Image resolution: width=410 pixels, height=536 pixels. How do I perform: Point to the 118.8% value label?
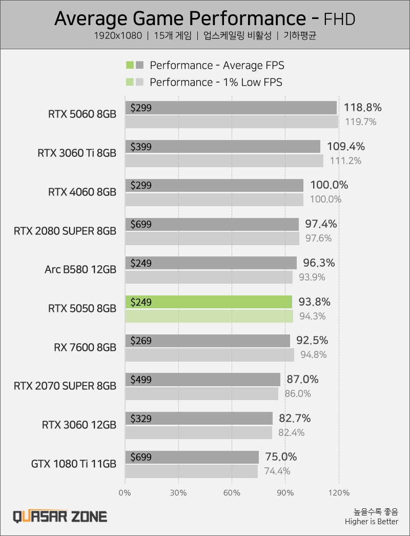(363, 108)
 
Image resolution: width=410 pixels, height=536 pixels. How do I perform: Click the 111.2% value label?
(345, 161)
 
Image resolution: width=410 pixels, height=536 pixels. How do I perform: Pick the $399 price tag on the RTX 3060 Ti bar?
(141, 147)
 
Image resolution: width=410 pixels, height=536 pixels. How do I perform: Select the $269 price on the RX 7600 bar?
(141, 341)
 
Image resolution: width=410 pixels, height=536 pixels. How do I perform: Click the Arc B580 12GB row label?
(80, 270)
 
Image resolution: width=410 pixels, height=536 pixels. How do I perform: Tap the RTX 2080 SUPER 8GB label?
(65, 231)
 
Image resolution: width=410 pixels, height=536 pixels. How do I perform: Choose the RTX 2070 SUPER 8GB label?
(65, 386)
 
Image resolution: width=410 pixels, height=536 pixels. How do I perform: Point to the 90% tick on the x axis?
(285, 493)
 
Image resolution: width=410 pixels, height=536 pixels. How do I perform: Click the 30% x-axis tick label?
(178, 493)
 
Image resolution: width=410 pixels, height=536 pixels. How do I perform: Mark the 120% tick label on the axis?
(338, 493)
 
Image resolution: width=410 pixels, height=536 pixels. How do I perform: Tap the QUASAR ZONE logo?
(60, 516)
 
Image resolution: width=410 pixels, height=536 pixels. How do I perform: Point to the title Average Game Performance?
(180, 18)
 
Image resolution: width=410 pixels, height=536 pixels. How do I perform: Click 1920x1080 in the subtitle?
(117, 36)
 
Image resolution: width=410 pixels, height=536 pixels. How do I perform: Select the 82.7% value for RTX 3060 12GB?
(294, 418)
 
